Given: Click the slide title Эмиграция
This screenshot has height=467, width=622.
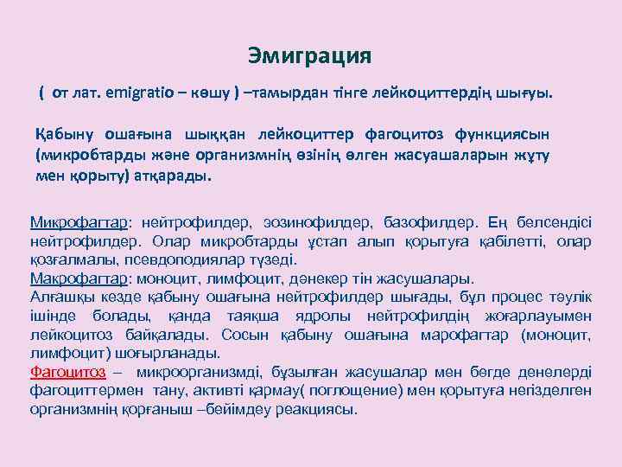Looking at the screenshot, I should [x=308, y=57].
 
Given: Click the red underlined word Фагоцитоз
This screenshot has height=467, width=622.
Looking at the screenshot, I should [x=67, y=373].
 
